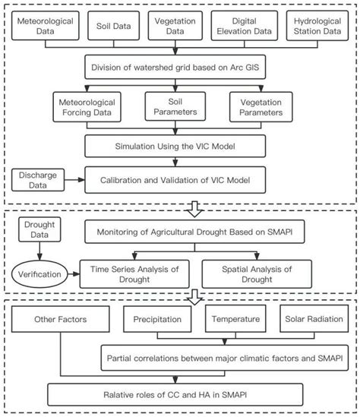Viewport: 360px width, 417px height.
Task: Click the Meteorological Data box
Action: (x=43, y=27)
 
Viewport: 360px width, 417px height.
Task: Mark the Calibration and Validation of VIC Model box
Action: (x=180, y=181)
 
